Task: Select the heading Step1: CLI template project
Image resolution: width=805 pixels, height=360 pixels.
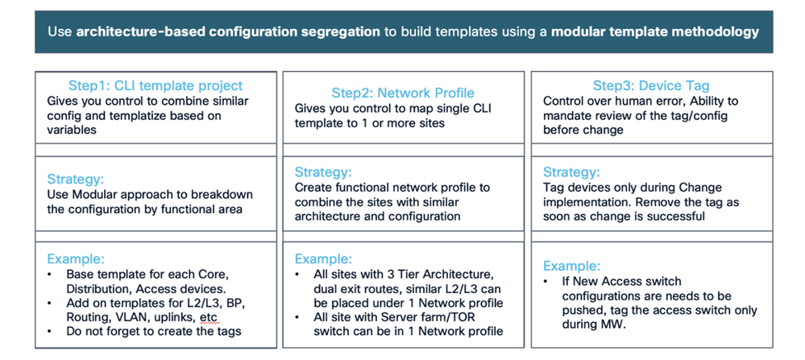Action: [156, 85]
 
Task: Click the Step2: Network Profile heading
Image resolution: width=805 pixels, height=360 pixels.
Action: [403, 93]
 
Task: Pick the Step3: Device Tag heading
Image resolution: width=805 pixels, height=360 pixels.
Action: [651, 85]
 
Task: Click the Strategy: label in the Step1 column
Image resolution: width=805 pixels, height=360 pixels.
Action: [75, 179]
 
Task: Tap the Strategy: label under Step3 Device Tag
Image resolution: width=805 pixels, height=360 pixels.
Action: [571, 172]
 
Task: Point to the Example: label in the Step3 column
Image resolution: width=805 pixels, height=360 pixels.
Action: [571, 266]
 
